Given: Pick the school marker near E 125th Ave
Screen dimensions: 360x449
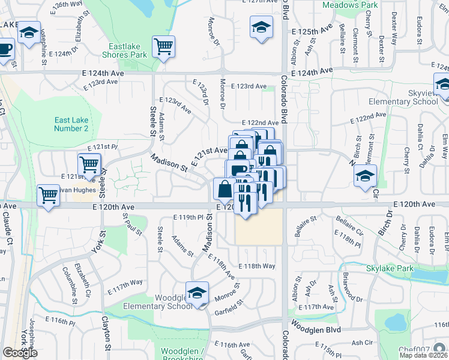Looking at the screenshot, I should (261, 27).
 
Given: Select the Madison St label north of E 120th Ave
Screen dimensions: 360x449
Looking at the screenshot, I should (167, 164).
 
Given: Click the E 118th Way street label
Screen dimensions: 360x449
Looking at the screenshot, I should (256, 266).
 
